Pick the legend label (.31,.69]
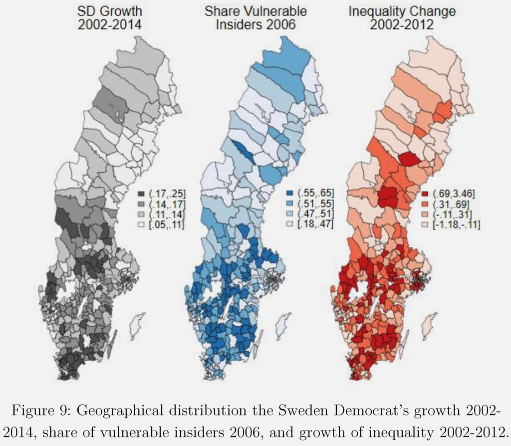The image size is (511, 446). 450,204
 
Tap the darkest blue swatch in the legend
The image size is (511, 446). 290,193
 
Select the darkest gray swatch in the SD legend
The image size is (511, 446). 141,194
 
